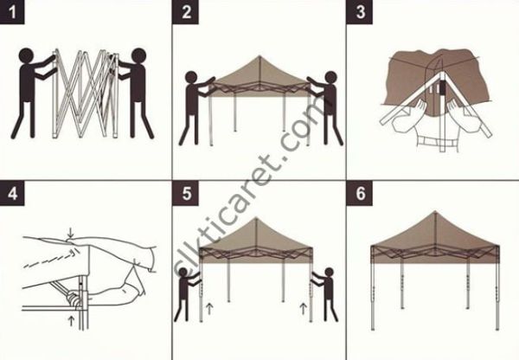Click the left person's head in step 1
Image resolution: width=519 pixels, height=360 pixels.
pos(27,59)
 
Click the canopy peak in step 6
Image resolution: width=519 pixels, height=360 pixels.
pos(433,215)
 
